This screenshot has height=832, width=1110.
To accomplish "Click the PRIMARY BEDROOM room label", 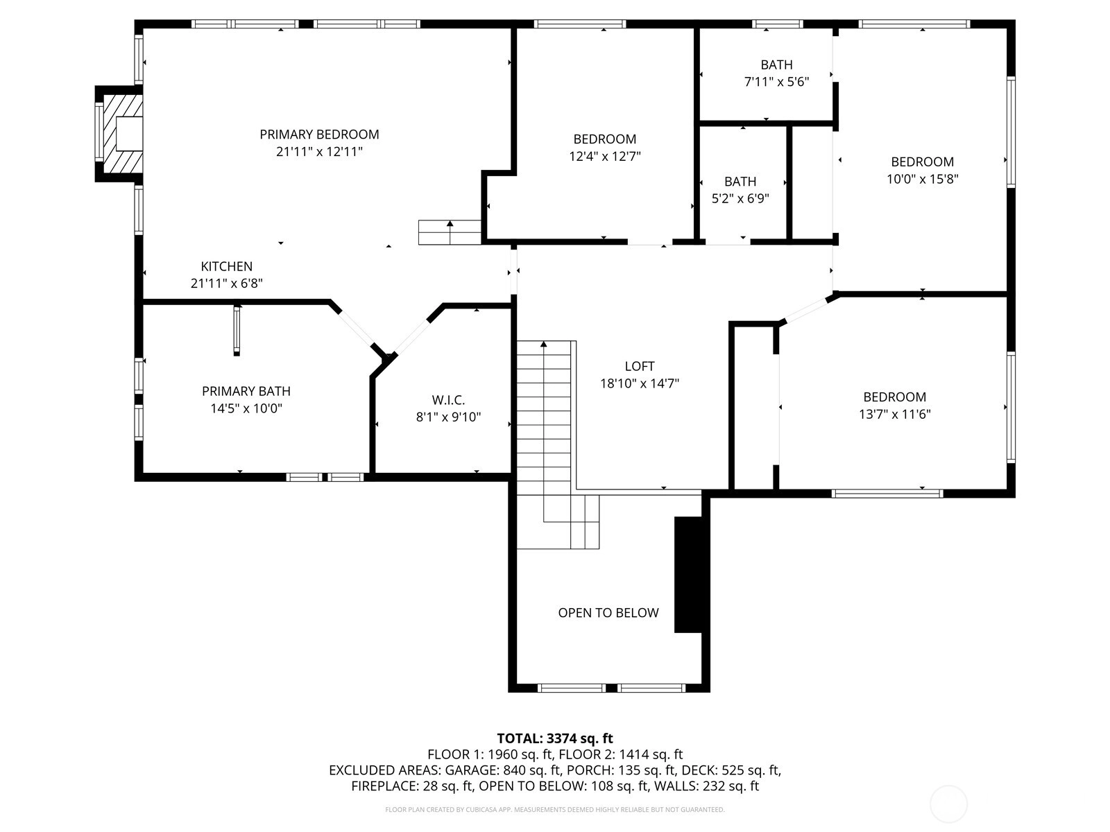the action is [319, 135].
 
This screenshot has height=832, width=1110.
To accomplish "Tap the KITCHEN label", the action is [227, 266].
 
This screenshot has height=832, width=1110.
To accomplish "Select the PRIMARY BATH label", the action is [246, 391].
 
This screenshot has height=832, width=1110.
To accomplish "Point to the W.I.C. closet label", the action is [449, 400].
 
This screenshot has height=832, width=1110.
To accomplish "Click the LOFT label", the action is [640, 366].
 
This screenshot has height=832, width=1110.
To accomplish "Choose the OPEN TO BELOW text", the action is [608, 613].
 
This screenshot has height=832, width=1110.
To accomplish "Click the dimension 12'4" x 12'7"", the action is [605, 156].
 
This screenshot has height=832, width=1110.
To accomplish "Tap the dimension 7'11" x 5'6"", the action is [777, 82].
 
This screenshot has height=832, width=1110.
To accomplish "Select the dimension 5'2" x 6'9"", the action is [740, 198].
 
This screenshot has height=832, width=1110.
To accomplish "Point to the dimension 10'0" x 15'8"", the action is [923, 179].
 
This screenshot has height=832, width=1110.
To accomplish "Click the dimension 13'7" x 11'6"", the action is [894, 414].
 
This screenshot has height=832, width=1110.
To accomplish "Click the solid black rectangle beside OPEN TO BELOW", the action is [688, 574].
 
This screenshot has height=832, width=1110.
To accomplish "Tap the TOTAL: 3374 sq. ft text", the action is [555, 738].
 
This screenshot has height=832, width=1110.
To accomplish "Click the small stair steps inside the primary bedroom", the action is [450, 232].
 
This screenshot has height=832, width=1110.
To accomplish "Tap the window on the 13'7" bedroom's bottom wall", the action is [887, 494].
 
